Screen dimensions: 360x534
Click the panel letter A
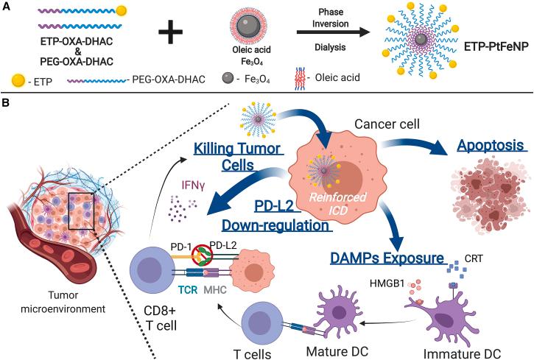click(x=7, y=7)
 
